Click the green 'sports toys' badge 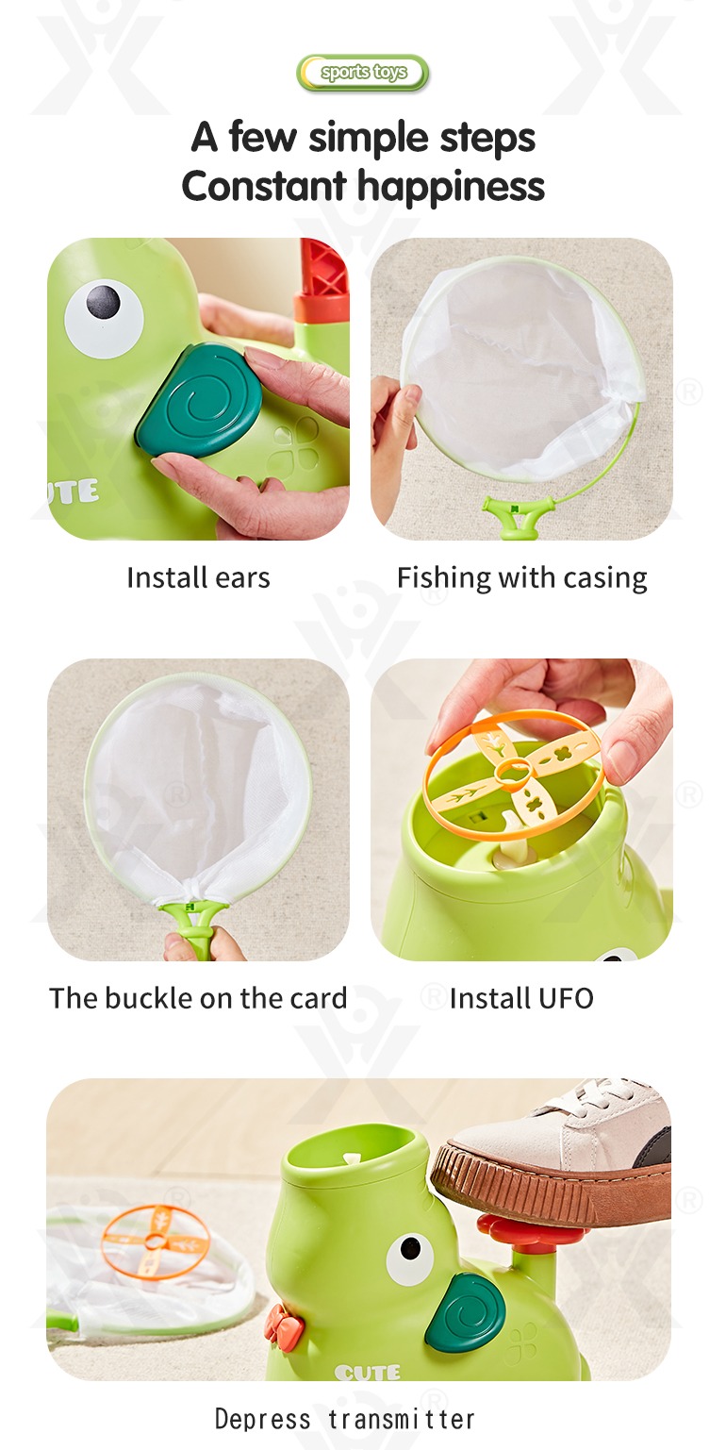tap(362, 73)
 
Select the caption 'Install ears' tap(198, 577)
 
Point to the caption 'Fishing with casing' tap(521, 578)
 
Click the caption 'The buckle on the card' tap(198, 998)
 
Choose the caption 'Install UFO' tap(521, 998)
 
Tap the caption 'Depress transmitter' tap(345, 1419)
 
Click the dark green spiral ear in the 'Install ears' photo tap(199, 401)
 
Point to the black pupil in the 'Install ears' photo tap(104, 301)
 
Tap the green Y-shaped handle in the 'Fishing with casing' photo tap(518, 516)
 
